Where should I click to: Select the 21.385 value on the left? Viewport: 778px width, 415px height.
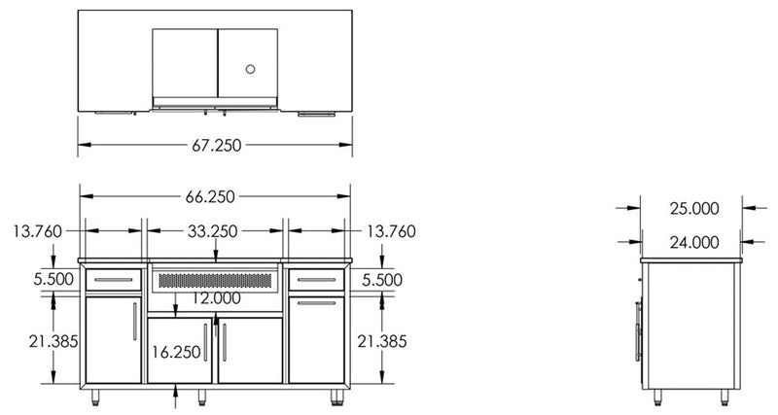[x=38, y=341]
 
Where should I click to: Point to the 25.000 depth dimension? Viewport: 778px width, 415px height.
[x=693, y=208]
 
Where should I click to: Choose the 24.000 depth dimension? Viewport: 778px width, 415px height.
[x=693, y=242]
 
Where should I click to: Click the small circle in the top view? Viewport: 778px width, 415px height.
[x=250, y=69]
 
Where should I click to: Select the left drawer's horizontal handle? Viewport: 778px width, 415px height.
[x=114, y=280]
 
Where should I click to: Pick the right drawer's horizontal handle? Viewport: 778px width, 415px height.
[x=315, y=280]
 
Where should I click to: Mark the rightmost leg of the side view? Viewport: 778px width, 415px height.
[x=725, y=396]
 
